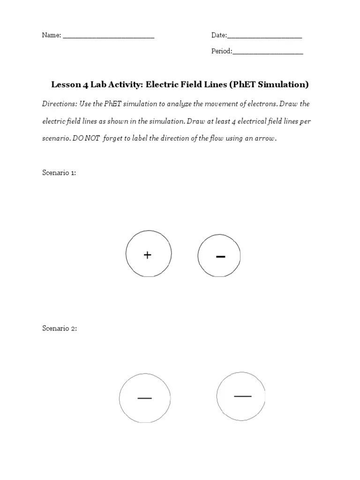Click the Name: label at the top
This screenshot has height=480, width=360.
click(x=52, y=36)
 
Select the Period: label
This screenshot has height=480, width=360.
click(x=221, y=52)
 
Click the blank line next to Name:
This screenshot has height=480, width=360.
click(x=108, y=37)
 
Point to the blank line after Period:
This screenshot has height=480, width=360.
click(x=268, y=52)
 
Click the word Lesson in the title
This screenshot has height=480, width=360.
click(x=66, y=85)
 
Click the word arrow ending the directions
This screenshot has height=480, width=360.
click(x=265, y=139)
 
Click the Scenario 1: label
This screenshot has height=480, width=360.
click(x=59, y=173)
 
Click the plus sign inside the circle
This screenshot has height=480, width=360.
click(x=148, y=255)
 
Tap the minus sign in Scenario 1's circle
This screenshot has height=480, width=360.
click(x=220, y=256)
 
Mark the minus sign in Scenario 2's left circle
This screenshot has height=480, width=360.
click(x=144, y=398)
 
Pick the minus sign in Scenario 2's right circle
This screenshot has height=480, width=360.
click(x=242, y=396)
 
